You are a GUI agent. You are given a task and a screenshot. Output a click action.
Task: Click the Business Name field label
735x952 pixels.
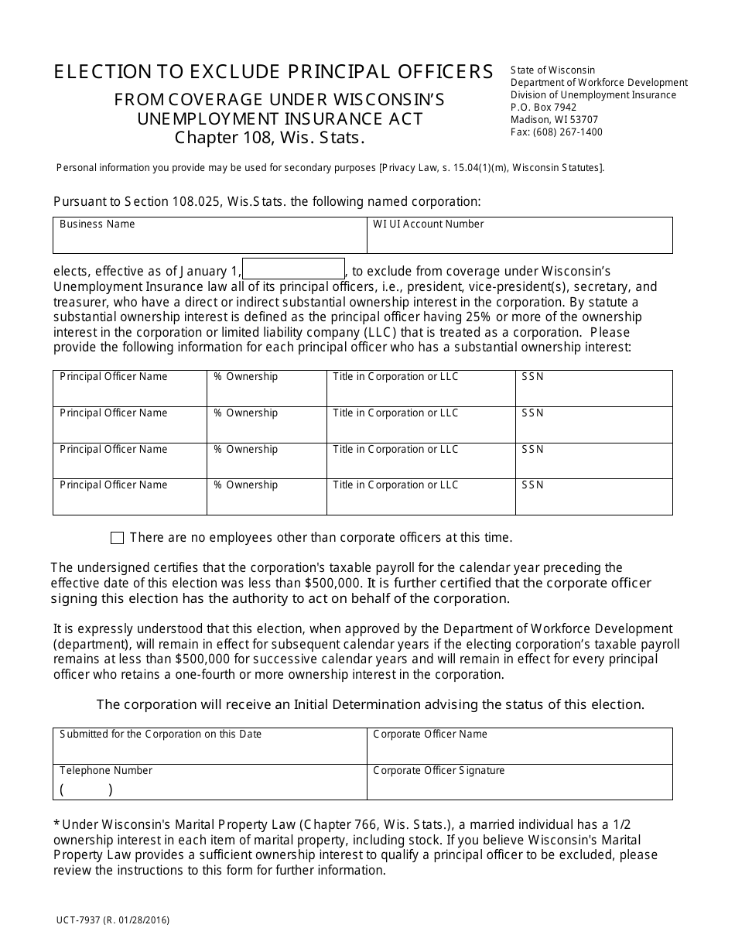coord(97,224)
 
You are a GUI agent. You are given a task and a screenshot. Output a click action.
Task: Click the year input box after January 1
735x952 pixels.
coord(293,269)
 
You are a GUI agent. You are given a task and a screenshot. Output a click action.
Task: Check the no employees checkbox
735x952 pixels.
coord(118,538)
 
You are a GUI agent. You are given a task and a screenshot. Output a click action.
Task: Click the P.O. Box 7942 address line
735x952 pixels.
coord(543,108)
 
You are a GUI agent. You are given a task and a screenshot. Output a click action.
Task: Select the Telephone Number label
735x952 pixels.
coord(106,771)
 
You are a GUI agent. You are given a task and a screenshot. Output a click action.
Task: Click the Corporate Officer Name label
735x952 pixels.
coord(430,735)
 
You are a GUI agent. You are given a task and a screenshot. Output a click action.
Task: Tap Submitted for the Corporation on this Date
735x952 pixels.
coord(160,735)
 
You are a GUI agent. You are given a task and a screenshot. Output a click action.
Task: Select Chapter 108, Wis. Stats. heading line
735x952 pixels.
coord(268,139)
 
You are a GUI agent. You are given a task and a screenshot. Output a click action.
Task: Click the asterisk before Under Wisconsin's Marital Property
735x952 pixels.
coord(56,825)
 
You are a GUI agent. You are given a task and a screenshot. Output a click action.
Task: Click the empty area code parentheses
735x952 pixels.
coord(86,790)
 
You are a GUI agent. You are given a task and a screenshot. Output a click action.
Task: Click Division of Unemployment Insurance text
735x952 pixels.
coord(593,95)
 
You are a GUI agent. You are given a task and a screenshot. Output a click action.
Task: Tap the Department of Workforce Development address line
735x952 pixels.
coord(599,83)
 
